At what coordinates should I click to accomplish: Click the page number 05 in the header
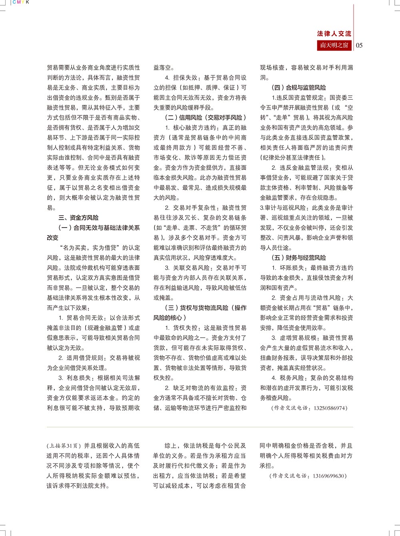(359, 45)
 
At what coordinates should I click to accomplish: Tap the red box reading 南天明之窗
(334, 45)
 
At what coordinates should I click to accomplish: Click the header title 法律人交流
(334, 34)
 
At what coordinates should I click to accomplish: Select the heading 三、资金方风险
(78, 218)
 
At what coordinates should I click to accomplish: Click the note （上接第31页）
(64, 445)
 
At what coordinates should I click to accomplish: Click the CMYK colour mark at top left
(21, 2)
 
